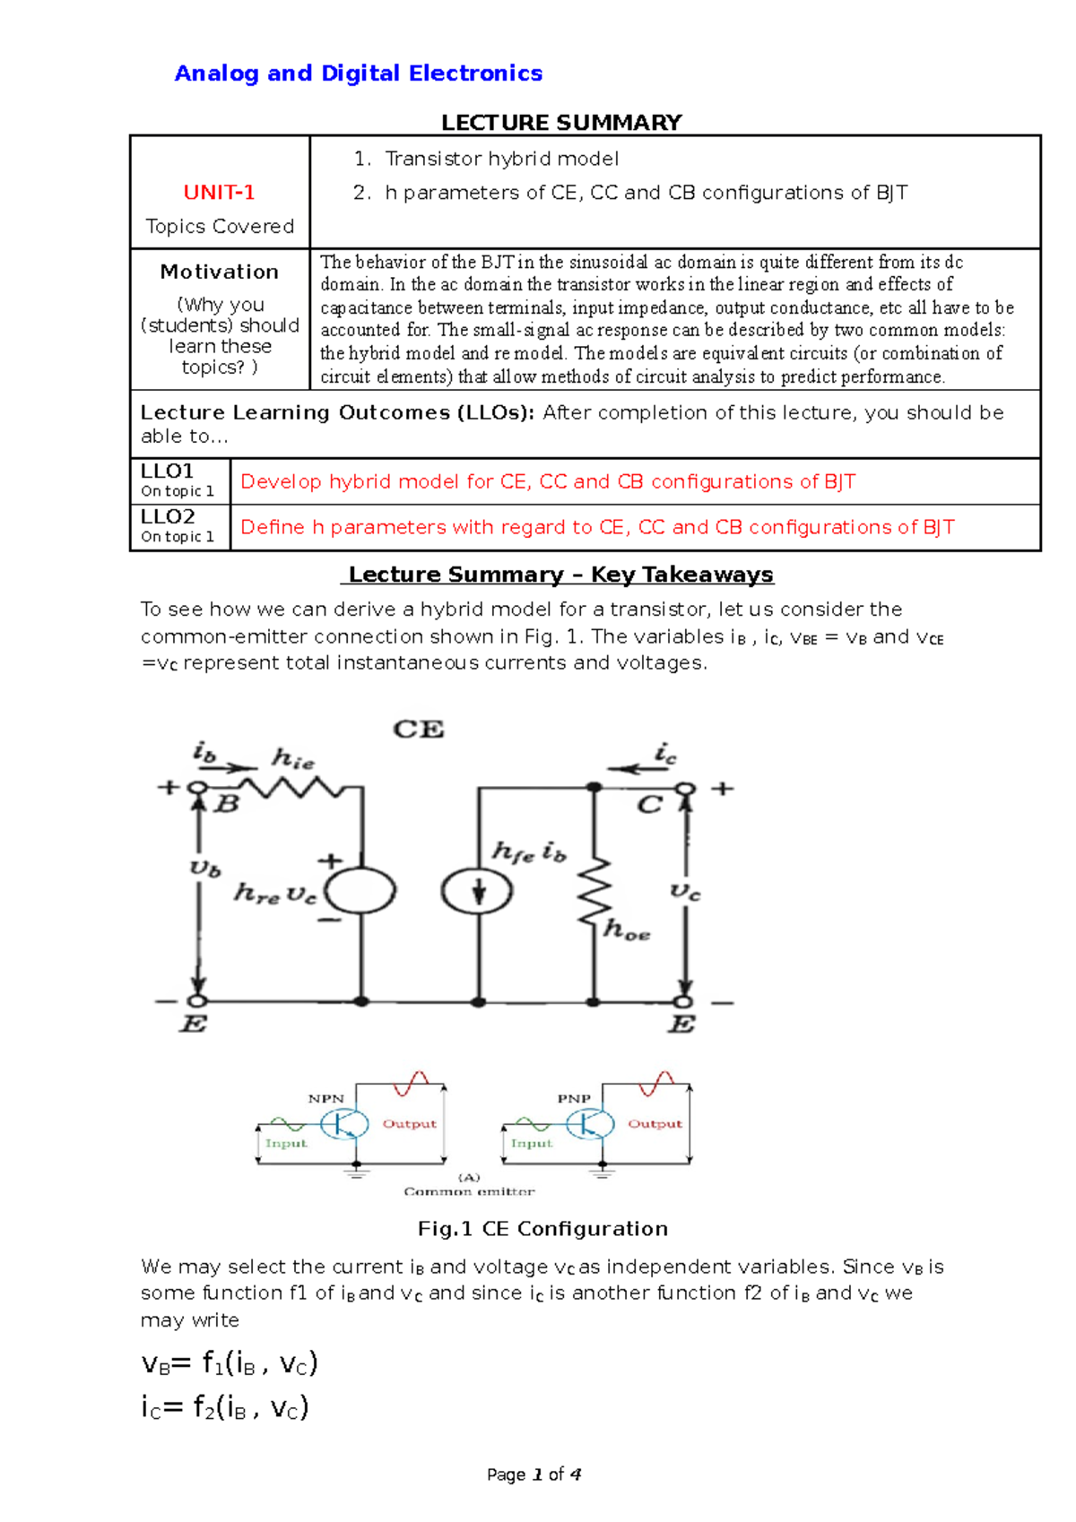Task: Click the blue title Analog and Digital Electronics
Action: [x=358, y=74]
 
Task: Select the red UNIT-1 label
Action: [x=219, y=193]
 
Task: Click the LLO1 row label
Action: [x=168, y=471]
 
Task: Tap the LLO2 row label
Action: [x=168, y=517]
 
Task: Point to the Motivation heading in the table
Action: [x=219, y=272]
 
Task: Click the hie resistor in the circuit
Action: [x=291, y=788]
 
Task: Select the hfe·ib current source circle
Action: [x=477, y=891]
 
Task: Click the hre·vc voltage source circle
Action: [x=360, y=891]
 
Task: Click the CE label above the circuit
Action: [x=419, y=730]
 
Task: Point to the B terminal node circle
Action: [x=197, y=789]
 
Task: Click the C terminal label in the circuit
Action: [x=649, y=805]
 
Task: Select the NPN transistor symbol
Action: [x=344, y=1123]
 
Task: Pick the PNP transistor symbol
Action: [x=590, y=1123]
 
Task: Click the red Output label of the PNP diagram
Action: [x=655, y=1123]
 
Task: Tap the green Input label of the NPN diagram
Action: [x=286, y=1144]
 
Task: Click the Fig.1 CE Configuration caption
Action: [x=542, y=1229]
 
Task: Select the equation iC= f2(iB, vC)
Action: [x=225, y=1406]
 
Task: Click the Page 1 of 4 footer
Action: [x=534, y=1474]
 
